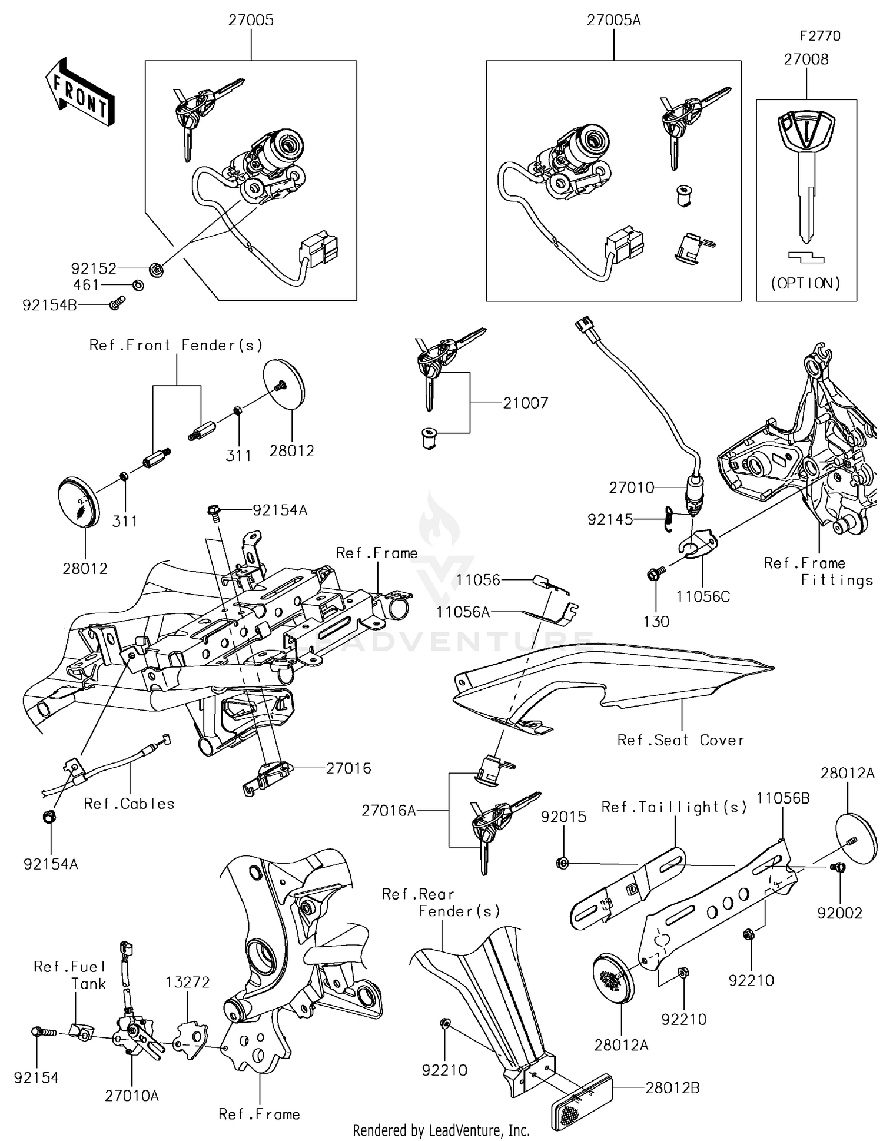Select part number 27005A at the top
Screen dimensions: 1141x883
613,21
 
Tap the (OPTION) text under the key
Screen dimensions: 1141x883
806,284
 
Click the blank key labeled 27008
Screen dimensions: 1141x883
806,171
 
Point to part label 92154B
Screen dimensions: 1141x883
49,306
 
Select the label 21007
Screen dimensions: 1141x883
525,403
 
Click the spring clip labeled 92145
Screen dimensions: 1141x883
668,519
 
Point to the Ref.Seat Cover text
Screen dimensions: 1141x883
680,741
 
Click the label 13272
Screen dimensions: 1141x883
187,982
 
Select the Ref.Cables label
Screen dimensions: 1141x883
130,804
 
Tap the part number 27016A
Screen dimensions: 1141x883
389,811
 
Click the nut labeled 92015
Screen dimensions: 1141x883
562,864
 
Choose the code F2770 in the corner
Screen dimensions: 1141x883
819,36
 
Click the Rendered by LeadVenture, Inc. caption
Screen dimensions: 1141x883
441,1130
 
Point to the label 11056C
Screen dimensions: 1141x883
703,596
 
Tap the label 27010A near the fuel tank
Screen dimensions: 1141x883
132,1096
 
